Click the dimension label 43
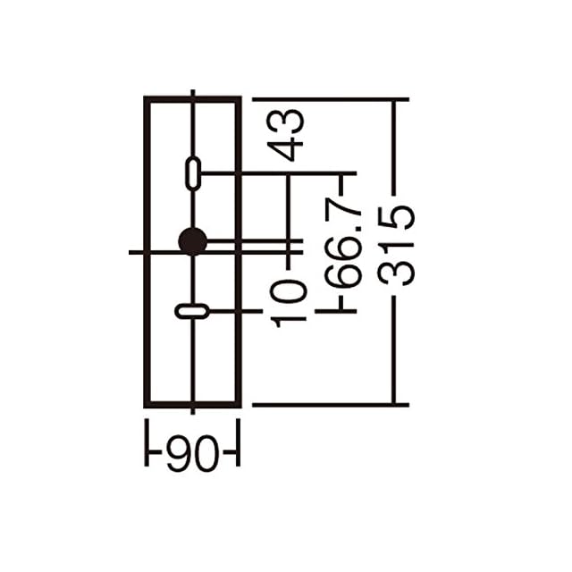tap(285, 135)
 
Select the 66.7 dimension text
tap(343, 243)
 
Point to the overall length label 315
tap(396, 246)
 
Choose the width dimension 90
tap(193, 453)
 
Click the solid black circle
tap(193, 241)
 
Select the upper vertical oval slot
tap(193, 174)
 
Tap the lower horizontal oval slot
tap(192, 311)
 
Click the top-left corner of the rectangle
tap(147, 99)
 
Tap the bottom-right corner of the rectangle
tap(239, 405)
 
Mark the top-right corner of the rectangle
tap(239, 99)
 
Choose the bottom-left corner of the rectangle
tap(147, 405)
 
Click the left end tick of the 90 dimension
tap(147, 442)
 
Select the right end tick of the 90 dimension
tap(239, 442)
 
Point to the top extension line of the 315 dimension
tap(331, 99)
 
